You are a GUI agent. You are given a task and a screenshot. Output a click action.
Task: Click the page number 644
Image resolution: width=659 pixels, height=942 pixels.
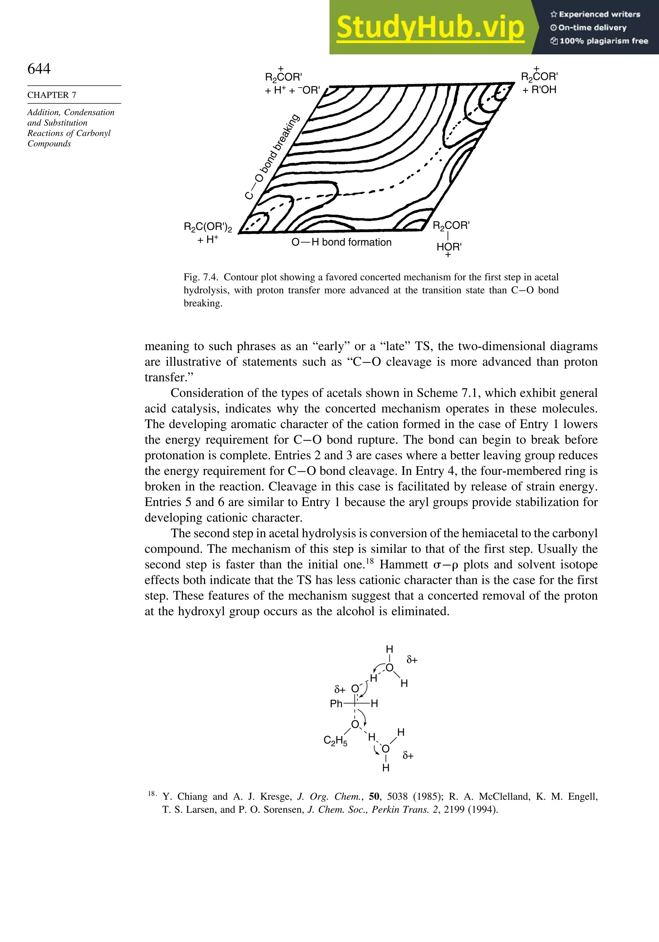point(39,69)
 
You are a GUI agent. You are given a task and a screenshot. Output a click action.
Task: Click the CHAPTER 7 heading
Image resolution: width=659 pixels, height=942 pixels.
point(52,95)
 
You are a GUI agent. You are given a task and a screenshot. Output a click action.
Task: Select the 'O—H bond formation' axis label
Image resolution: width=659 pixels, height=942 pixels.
point(341,242)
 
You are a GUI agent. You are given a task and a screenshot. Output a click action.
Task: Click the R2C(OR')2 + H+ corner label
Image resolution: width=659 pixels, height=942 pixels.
point(208,233)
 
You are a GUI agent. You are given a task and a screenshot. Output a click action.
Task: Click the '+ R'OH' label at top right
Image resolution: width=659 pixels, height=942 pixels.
point(539,89)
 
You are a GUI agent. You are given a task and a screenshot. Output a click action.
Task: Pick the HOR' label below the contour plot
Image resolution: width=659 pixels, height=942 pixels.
point(449,247)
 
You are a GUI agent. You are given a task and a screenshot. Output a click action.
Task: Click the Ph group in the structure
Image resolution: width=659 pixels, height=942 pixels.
point(336,704)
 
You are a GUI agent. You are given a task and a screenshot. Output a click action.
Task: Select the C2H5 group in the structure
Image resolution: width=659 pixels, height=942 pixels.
point(335,740)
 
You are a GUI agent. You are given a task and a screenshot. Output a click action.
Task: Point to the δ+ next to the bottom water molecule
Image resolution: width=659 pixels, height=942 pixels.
point(408,755)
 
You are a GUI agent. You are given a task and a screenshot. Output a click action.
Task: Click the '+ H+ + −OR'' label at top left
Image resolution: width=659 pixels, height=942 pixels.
point(292,90)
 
